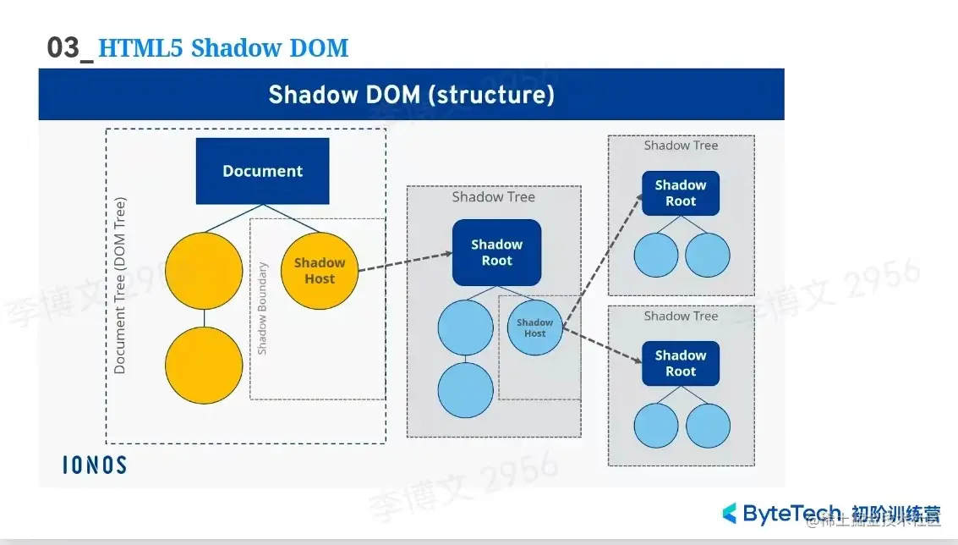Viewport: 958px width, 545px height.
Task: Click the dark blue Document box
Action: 262,171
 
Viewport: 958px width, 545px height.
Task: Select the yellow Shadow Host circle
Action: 319,271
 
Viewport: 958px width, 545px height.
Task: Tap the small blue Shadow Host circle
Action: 534,328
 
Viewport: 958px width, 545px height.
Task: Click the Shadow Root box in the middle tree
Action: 496,252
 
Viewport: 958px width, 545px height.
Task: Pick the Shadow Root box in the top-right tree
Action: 680,193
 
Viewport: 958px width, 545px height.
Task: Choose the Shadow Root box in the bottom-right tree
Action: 680,363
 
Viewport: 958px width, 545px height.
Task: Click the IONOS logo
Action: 95,465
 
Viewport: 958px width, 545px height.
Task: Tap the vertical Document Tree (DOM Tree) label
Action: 120,285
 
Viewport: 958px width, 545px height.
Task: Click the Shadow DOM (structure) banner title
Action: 411,94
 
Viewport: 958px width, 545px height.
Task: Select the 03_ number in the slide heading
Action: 69,48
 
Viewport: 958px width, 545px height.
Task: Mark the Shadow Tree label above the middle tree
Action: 493,197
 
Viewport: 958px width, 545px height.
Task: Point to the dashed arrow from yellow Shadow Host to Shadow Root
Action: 404,262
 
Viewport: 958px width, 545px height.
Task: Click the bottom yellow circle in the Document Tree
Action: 204,366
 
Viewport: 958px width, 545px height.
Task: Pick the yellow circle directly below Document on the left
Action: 204,271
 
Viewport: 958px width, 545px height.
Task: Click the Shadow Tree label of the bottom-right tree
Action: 681,316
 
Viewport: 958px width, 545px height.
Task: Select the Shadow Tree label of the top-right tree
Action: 681,146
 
